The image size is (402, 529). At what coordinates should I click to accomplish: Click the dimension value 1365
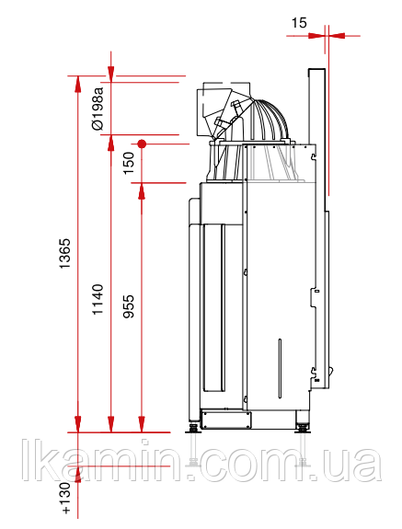pyautogui.click(x=64, y=253)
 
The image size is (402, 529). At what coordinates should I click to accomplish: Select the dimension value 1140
pyautogui.click(x=98, y=300)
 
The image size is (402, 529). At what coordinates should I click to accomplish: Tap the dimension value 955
pyautogui.click(x=129, y=306)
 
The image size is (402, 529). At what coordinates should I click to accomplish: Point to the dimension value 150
pyautogui.click(x=129, y=163)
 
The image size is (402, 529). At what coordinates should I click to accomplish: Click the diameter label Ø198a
pyautogui.click(x=98, y=109)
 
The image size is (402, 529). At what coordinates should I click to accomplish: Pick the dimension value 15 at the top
pyautogui.click(x=299, y=23)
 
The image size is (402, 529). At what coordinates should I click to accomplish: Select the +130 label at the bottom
pyautogui.click(x=65, y=498)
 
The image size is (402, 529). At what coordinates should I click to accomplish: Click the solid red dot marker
pyautogui.click(x=142, y=144)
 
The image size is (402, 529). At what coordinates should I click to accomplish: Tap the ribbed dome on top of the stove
pyautogui.click(x=270, y=120)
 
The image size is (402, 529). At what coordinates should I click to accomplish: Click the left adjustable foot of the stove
pyautogui.click(x=193, y=429)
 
